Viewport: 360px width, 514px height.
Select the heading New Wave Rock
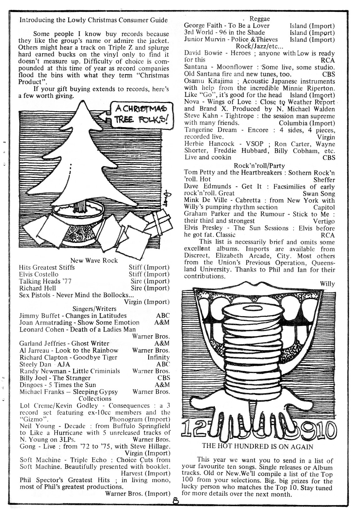(x=94, y=260)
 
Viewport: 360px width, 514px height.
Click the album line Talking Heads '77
(x=45, y=281)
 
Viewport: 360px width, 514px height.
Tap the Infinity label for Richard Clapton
(x=158, y=357)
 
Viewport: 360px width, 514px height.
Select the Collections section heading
(x=95, y=398)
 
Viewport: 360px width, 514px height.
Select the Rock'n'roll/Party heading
(x=260, y=165)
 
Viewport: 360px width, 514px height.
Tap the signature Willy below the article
(x=327, y=284)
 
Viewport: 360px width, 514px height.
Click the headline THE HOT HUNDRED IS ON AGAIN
(x=257, y=446)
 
